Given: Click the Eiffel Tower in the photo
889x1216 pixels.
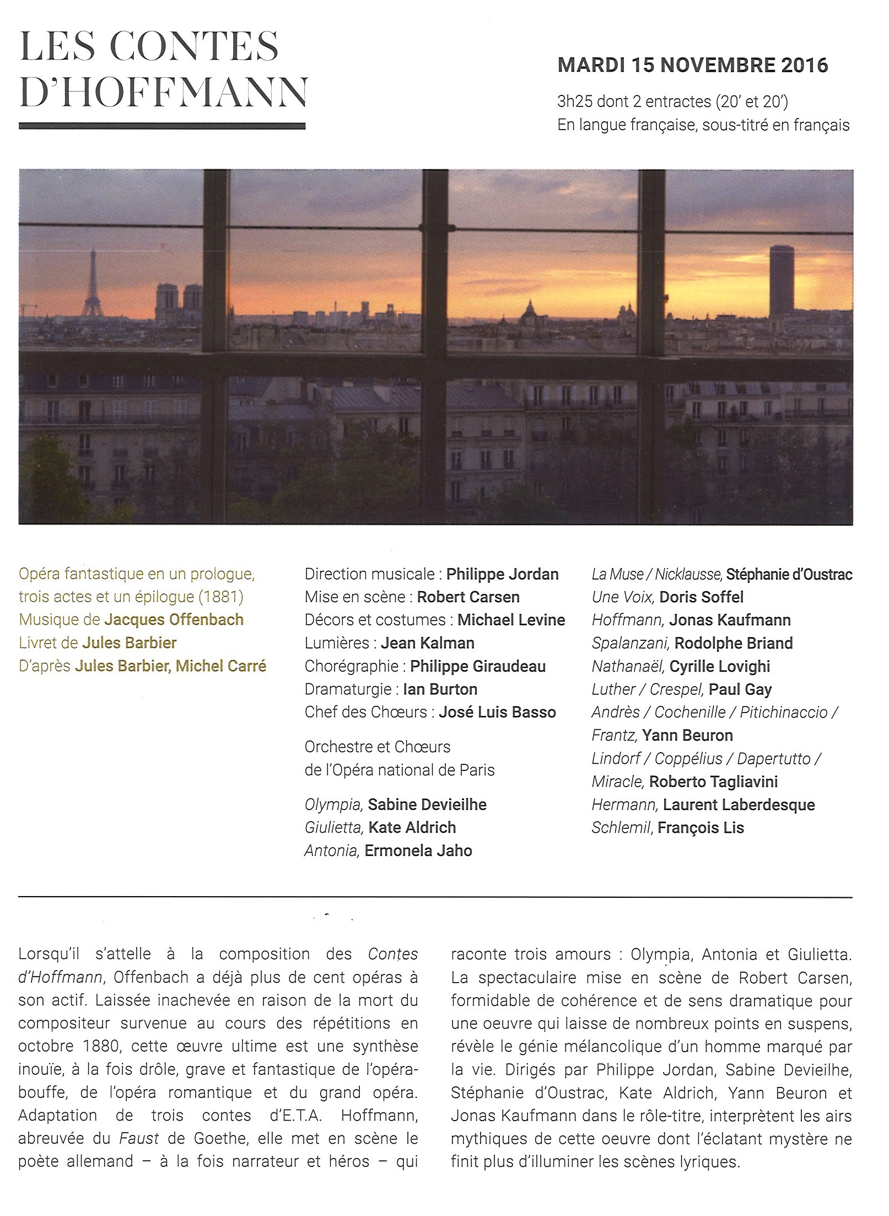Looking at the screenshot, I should coord(92,287).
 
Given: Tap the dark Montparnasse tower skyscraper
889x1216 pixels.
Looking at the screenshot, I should coord(782,281).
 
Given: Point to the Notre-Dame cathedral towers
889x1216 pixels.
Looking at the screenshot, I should coord(179,303).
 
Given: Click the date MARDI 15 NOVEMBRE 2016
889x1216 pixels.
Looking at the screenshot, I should coord(693,66).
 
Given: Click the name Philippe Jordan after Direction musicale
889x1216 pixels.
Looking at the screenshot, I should coord(502,574).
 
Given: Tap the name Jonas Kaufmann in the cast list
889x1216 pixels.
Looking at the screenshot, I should coord(730,620).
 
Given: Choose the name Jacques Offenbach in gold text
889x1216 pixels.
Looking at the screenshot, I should coord(174,620).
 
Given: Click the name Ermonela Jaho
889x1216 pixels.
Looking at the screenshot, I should coord(418,850).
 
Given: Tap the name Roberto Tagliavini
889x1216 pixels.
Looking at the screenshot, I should coord(713,781).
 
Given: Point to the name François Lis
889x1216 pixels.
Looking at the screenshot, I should coord(701,827).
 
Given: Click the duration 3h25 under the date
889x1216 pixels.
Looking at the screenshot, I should coord(573,102).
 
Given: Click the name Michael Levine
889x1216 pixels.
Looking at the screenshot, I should coord(511,620).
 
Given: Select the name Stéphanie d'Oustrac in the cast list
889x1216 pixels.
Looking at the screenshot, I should coord(789,574).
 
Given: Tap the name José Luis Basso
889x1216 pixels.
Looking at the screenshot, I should coord(497,712).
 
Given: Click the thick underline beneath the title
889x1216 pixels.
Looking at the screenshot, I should coord(162,126).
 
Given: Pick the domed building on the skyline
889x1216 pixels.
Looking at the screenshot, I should coord(529,312).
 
